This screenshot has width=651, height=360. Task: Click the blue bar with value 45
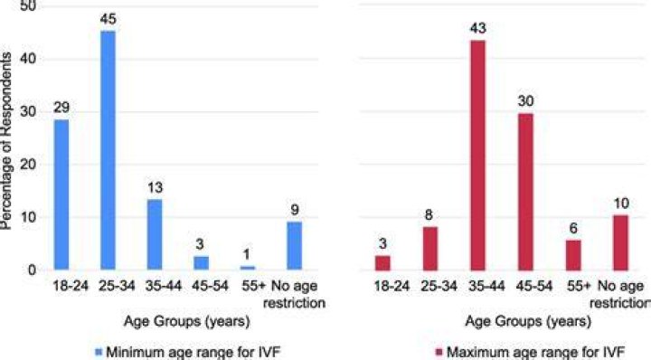pyautogui.click(x=108, y=150)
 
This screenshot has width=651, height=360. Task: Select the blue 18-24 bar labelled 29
pyautogui.click(x=61, y=194)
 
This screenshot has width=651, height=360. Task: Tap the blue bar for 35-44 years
pyautogui.click(x=155, y=234)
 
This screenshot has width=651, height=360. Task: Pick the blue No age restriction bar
pyautogui.click(x=295, y=246)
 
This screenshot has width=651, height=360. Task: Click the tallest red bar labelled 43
pyautogui.click(x=477, y=156)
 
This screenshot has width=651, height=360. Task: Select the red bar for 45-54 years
pyautogui.click(x=525, y=192)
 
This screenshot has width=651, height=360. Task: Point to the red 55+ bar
pyautogui.click(x=573, y=255)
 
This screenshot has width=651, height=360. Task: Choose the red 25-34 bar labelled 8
pyautogui.click(x=429, y=249)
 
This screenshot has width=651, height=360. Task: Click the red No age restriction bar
pyautogui.click(x=621, y=243)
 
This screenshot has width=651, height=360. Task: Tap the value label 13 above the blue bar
pyautogui.click(x=155, y=187)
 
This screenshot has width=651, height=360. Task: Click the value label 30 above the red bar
pyautogui.click(x=525, y=101)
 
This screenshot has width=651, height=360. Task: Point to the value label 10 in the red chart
pyautogui.click(x=621, y=203)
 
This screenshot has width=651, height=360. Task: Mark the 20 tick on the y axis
pyautogui.click(x=28, y=165)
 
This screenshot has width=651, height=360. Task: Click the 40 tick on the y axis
pyautogui.click(x=28, y=59)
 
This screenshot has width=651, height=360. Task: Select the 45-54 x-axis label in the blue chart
pyautogui.click(x=210, y=286)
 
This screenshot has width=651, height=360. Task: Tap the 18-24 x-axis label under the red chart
pyautogui.click(x=392, y=286)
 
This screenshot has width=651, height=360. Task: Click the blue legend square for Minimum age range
pyautogui.click(x=99, y=353)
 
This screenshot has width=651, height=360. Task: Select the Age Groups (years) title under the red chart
pyautogui.click(x=528, y=321)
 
